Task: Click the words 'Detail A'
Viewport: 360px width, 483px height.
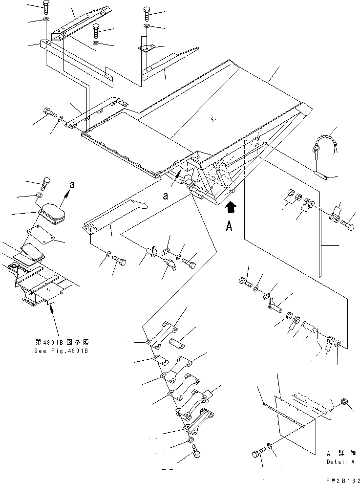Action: tap(340, 461)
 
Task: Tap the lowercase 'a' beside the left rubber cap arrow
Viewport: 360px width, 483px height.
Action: tap(72, 185)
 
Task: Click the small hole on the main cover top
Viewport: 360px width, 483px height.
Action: tap(213, 119)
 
